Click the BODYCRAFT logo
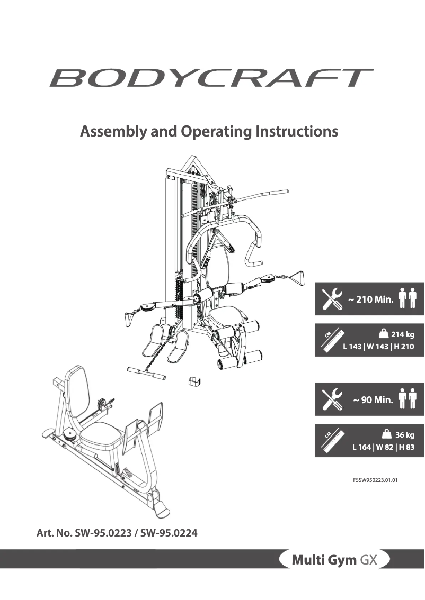pyautogui.click(x=211, y=78)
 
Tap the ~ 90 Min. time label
pyautogui.click(x=373, y=400)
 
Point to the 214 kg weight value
pyautogui.click(x=402, y=334)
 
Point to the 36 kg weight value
pyautogui.click(x=404, y=435)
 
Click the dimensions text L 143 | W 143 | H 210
pyautogui.click(x=377, y=347)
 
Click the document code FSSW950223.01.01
pyautogui.click(x=375, y=481)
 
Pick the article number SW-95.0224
pyautogui.click(x=169, y=533)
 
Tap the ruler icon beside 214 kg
pyautogui.click(x=335, y=340)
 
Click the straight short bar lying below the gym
pyautogui.click(x=146, y=372)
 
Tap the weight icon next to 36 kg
pyautogui.click(x=387, y=435)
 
